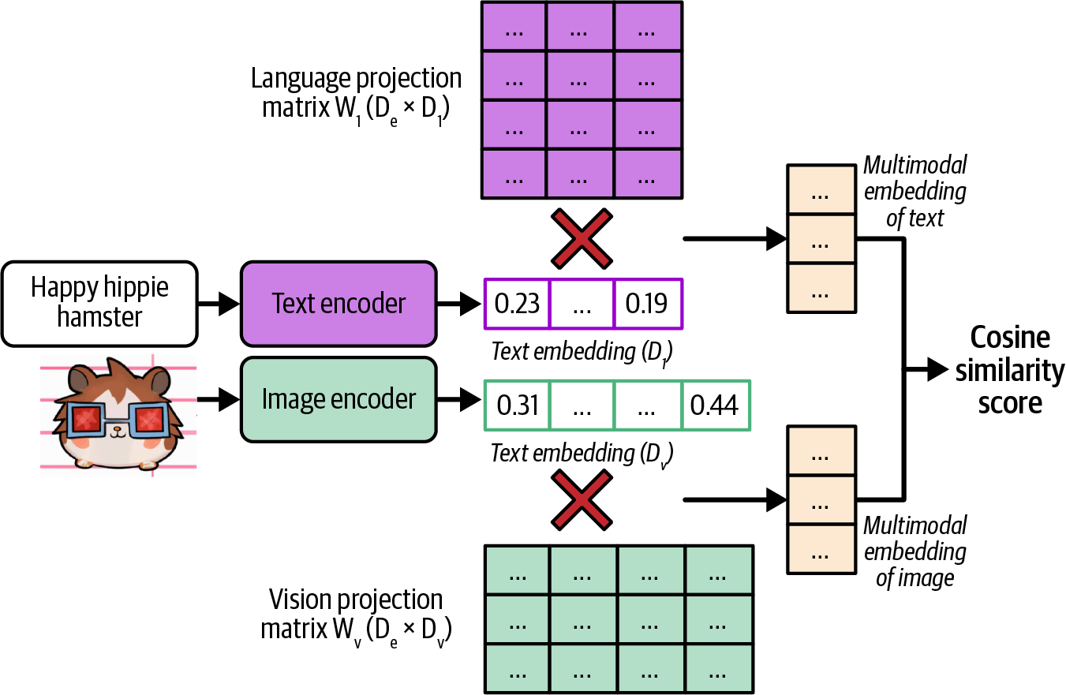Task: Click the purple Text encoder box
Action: pos(339,304)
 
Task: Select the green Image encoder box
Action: pos(339,399)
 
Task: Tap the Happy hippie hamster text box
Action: pos(99,303)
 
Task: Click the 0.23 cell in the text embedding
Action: pos(516,304)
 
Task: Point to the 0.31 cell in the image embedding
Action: pos(518,405)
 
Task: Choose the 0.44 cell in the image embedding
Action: pos(715,405)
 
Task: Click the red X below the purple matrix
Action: pos(582,237)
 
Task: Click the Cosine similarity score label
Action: pos(1009,370)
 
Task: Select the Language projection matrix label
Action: pos(356,92)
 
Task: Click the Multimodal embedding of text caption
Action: pos(915,192)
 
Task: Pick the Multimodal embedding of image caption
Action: pos(915,551)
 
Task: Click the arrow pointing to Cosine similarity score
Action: pos(926,368)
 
